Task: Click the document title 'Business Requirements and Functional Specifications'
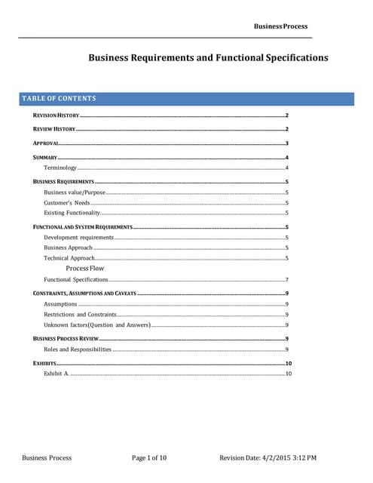[x=208, y=57]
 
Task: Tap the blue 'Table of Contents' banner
[x=186, y=99]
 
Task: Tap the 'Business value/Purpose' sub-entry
[x=75, y=193]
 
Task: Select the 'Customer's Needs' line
[x=67, y=203]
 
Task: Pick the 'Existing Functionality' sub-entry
[x=72, y=213]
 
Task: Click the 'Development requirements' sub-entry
[x=78, y=238]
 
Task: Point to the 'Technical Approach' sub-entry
[x=69, y=258]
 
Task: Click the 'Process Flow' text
[x=85, y=268]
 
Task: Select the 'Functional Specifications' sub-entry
[x=76, y=279]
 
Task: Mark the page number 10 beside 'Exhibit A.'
[x=288, y=374]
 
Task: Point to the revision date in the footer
[x=268, y=458]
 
